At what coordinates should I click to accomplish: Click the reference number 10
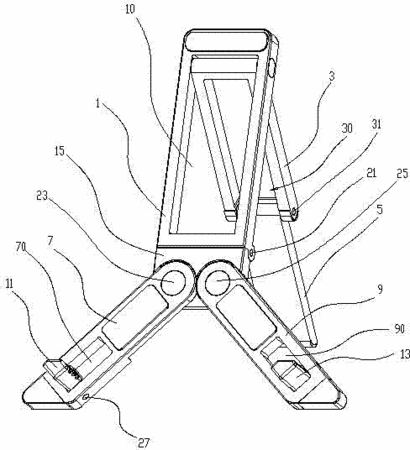point(130,9)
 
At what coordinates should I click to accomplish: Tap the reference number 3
point(331,76)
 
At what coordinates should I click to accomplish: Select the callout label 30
point(347,128)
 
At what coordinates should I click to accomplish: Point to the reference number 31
point(376,125)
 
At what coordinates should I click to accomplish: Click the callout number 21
point(371,173)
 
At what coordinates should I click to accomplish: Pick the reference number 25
point(402,174)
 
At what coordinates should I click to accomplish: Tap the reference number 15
point(60,151)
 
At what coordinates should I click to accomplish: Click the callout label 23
point(42,196)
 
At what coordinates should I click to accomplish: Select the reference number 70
point(21,247)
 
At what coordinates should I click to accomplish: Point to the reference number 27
point(143,443)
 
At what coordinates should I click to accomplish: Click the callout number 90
point(399,329)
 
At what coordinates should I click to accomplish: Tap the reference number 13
point(404,354)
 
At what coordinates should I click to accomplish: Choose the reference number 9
point(380,289)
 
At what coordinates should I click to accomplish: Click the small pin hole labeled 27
point(87,397)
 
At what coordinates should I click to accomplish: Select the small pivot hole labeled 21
point(251,254)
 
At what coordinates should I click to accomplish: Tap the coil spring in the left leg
point(73,371)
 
